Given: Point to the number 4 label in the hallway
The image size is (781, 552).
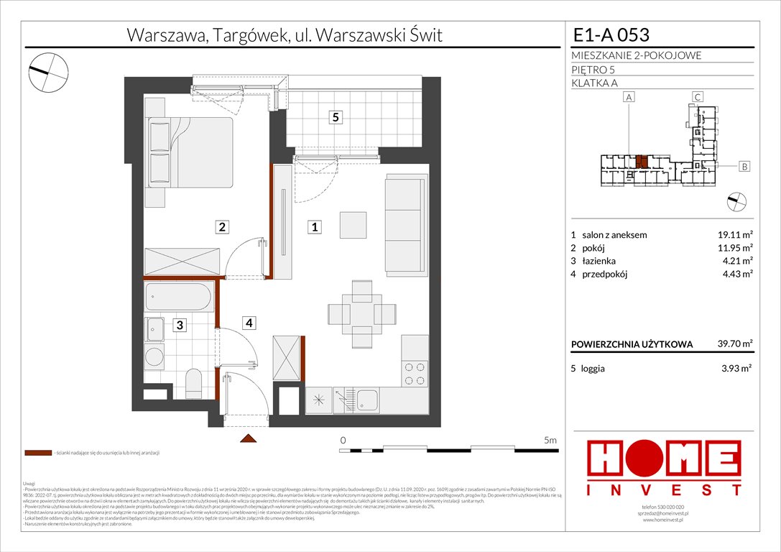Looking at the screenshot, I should point(248,323).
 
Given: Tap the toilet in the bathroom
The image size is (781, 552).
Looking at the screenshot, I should point(193,382).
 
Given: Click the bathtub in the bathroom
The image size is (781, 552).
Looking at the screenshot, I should point(178,297).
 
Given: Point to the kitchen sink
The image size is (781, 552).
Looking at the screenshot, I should point(368,400).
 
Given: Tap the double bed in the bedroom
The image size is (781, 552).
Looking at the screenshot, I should point(190,152).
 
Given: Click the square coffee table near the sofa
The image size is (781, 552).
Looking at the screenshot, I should point(353,224).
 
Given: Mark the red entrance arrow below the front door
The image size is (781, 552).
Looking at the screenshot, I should point(248,438).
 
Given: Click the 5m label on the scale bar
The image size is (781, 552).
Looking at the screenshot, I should point(551,440).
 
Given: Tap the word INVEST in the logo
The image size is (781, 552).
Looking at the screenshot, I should point(664,490).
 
